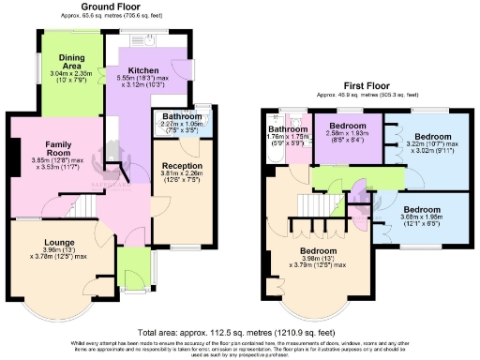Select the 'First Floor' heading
(x=359, y=87)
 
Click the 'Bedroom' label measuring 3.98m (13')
(x=307, y=252)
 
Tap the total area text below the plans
(x=238, y=333)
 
